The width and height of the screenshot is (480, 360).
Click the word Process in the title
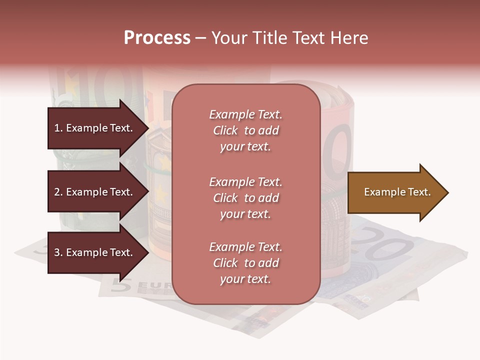tap(157, 38)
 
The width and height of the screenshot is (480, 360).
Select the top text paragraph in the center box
tap(245, 130)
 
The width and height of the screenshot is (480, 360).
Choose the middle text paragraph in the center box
tap(245, 198)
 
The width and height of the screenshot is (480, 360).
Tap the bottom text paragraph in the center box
tap(245, 263)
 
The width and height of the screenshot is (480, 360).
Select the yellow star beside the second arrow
tap(161, 192)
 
